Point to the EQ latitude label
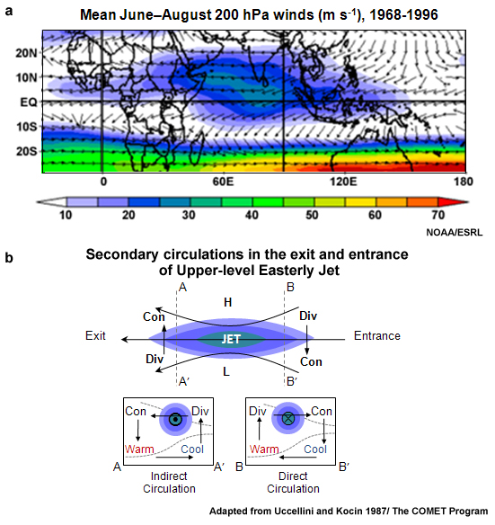coord(29,102)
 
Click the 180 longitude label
coord(459,180)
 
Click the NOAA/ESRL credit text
coord(457,233)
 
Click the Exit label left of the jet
coord(97,336)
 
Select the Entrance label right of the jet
coord(377,336)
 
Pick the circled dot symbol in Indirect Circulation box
coord(173,419)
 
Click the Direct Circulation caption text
coord(288,483)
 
